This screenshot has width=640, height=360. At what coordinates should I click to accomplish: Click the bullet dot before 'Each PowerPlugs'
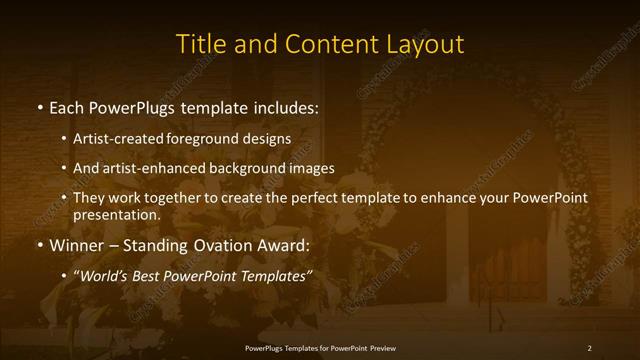click(x=39, y=106)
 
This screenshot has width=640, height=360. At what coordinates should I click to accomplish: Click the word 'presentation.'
click(x=116, y=214)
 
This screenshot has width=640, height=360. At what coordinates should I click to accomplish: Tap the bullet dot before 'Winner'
click(x=39, y=245)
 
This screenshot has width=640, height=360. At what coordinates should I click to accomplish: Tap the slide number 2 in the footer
click(x=589, y=347)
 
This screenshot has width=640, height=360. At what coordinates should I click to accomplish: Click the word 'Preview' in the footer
click(x=380, y=347)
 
